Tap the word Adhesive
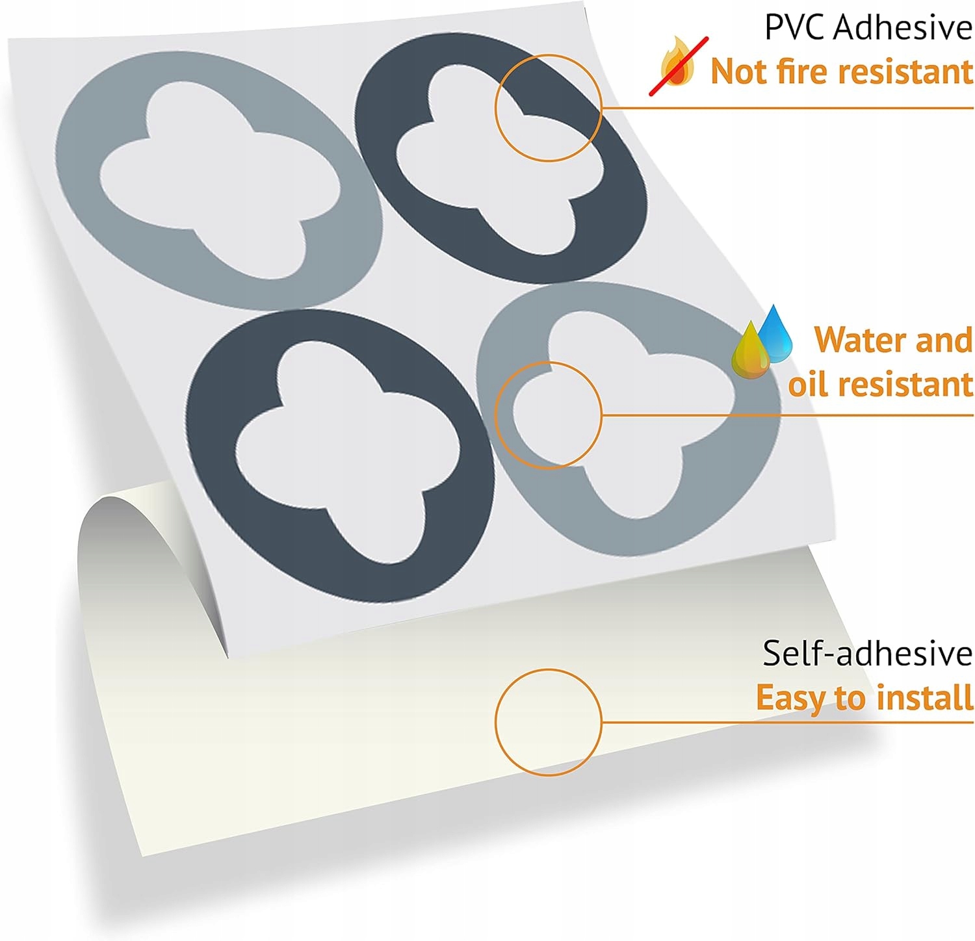click(x=902, y=27)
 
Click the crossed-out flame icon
click(x=677, y=65)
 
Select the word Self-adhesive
click(x=867, y=653)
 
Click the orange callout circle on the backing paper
click(x=548, y=722)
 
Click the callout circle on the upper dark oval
click(x=548, y=107)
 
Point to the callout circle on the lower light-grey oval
click(x=548, y=415)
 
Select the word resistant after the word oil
click(x=910, y=385)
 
